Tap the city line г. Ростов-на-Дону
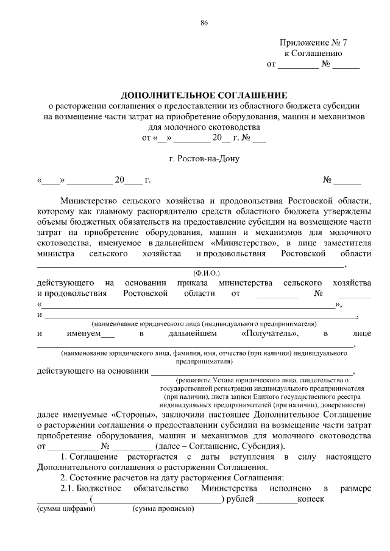(x=204, y=160)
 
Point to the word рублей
(x=239, y=499)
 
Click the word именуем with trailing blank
(x=91, y=334)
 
